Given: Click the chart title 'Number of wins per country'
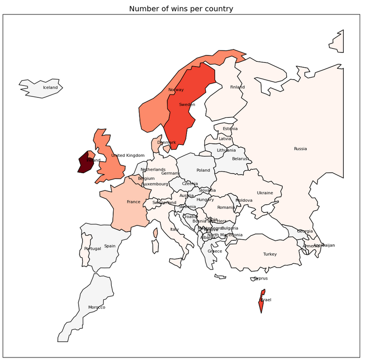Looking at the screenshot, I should click(181, 9).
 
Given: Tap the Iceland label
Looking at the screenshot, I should click(50, 88).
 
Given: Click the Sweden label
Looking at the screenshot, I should click(187, 104).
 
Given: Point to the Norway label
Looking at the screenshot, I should click(176, 90).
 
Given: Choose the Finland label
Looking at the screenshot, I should click(237, 87).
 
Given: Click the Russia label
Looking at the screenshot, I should click(300, 148).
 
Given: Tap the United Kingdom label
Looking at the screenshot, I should click(128, 155).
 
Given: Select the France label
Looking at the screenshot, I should click(134, 202).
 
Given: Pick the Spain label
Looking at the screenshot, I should click(110, 246).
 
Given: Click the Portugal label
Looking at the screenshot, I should click(92, 248).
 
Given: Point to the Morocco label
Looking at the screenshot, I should click(97, 307).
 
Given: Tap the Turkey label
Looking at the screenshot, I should click(270, 254).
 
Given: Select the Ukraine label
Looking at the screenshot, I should click(265, 193).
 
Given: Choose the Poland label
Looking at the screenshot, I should click(203, 170).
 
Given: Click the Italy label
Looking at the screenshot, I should click(175, 229).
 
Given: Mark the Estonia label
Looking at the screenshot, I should click(230, 129).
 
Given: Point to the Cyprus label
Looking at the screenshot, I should click(261, 278).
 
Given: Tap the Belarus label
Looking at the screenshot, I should click(240, 159).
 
